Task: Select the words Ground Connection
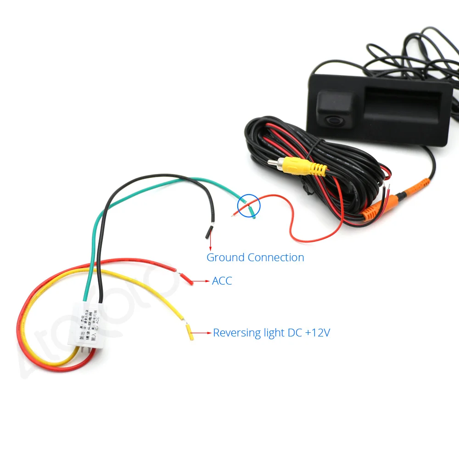click(x=255, y=257)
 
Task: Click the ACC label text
click(x=222, y=281)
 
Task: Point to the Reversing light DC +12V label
click(x=271, y=333)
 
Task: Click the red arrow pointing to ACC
click(x=200, y=280)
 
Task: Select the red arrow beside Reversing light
click(x=201, y=332)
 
